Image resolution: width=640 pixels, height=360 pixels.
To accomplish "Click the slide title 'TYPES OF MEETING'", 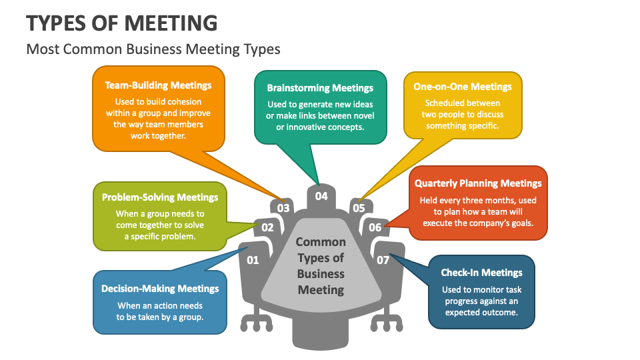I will [122, 23].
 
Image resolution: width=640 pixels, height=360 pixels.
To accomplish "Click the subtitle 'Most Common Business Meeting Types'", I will [153, 49].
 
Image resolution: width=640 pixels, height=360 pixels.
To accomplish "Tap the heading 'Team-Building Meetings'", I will [158, 85].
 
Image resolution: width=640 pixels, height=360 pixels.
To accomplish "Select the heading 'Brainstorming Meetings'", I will [320, 88].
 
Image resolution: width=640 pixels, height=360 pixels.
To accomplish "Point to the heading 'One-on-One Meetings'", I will [463, 87].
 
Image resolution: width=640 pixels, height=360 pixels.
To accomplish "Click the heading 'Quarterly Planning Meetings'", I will [478, 183].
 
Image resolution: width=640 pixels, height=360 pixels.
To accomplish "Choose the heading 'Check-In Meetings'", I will [481, 273].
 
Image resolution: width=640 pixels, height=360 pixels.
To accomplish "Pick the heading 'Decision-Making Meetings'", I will [160, 289].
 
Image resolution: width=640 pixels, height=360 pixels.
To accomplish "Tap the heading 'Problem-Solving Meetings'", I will [160, 197].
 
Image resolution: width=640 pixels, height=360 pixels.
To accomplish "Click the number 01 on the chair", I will [253, 260].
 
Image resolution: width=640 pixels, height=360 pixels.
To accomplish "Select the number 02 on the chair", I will [267, 227].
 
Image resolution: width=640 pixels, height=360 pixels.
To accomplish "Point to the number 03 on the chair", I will [283, 208].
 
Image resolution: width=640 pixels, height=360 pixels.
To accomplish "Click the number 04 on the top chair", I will [321, 196].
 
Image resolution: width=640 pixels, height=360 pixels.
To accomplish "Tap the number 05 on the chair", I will [359, 208].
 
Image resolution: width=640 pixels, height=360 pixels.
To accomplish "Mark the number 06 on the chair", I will [375, 227].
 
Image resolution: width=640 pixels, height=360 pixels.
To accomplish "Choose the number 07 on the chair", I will [383, 260].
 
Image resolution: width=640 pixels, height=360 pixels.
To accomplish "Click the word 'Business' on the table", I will [321, 273].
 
